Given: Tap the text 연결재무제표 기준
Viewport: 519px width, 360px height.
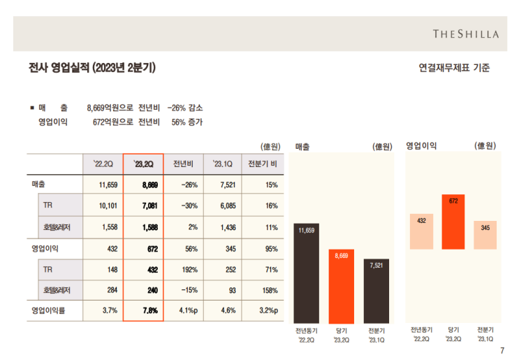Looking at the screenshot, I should click(454, 68).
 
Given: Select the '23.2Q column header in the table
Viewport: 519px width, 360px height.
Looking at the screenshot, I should click(143, 164).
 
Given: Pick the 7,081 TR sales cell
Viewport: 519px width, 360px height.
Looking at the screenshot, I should click(143, 206).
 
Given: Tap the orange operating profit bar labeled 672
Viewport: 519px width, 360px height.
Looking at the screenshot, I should click(453, 224).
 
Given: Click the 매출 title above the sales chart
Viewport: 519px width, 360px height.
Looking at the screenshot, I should click(302, 146).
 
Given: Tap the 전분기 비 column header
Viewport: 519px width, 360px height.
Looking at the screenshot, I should click(263, 164).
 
